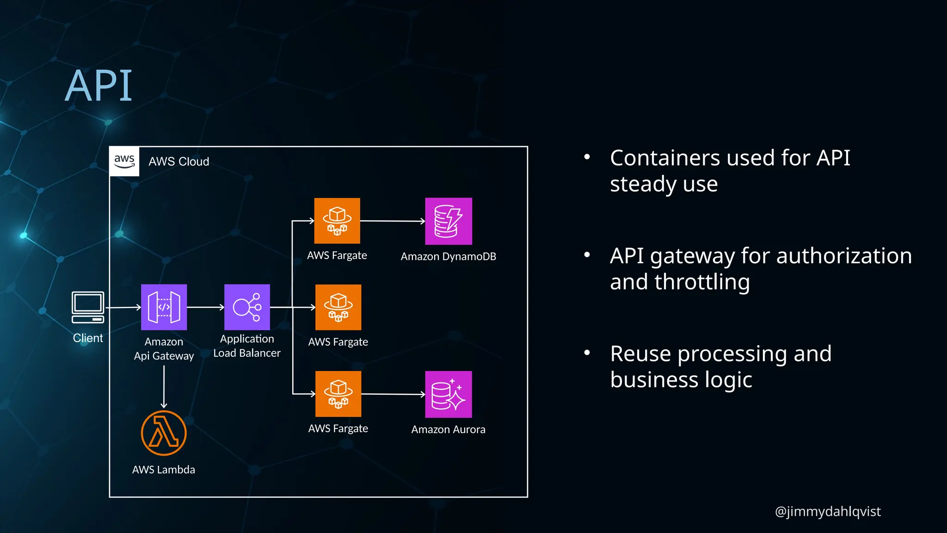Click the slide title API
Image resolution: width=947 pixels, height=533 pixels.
coord(98,86)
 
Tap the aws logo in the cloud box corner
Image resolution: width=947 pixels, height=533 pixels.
coord(124,161)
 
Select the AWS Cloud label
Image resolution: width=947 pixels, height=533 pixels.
coord(178,161)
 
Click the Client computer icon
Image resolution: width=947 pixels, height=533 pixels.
coord(88,307)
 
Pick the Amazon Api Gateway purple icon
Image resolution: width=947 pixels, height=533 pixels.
coord(164,307)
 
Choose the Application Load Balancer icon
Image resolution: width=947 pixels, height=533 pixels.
coord(247,307)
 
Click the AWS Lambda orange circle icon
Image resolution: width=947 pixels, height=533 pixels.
coord(164,433)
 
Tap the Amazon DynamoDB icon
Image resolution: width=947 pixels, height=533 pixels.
coord(448,221)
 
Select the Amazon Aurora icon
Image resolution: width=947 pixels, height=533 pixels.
coord(448,394)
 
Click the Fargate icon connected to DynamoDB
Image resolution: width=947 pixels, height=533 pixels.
coord(337,221)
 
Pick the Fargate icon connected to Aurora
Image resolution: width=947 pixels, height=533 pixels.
coord(338,394)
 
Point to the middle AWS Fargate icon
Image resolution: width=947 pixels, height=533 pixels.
coord(338,307)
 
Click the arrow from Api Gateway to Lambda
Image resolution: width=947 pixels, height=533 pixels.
coord(164,386)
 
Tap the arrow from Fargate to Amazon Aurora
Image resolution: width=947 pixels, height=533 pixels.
coord(393,394)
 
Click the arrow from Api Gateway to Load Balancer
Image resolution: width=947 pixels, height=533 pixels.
coord(205,307)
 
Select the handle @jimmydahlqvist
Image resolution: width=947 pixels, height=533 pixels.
coord(827,511)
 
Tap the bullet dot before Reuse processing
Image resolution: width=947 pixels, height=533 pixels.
coord(587,353)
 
